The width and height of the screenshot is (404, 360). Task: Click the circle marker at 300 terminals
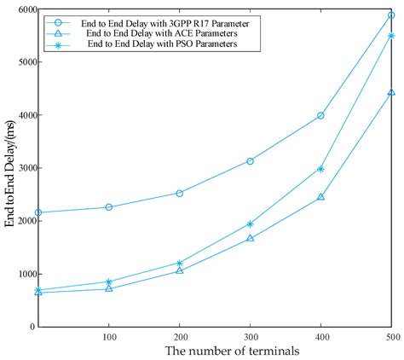(250, 161)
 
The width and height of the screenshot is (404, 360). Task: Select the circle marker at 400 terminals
(320, 115)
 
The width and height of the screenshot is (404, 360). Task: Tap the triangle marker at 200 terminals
(179, 270)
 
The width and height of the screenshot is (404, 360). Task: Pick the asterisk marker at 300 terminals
(250, 224)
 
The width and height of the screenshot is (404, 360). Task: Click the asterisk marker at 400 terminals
(320, 169)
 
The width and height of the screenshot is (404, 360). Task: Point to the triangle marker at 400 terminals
(320, 197)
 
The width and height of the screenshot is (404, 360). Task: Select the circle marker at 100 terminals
(109, 207)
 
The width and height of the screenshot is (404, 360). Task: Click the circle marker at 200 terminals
(179, 194)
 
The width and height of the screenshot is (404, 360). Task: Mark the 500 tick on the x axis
(390, 337)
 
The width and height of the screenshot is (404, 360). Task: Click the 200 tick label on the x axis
(179, 337)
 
